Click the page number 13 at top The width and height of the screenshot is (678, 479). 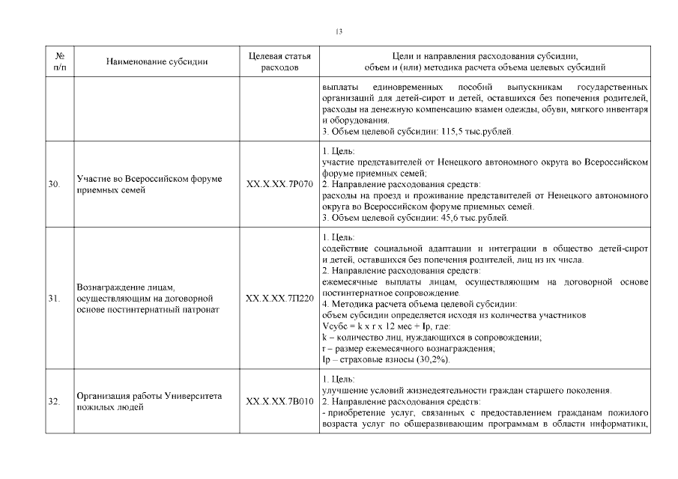(339, 31)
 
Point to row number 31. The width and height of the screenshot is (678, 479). (53, 299)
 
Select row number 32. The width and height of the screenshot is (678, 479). (53, 402)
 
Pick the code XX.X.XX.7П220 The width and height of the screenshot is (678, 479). (279, 299)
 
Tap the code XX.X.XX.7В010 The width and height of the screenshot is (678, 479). (279, 402)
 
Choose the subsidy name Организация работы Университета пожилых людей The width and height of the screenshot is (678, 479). (151, 402)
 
